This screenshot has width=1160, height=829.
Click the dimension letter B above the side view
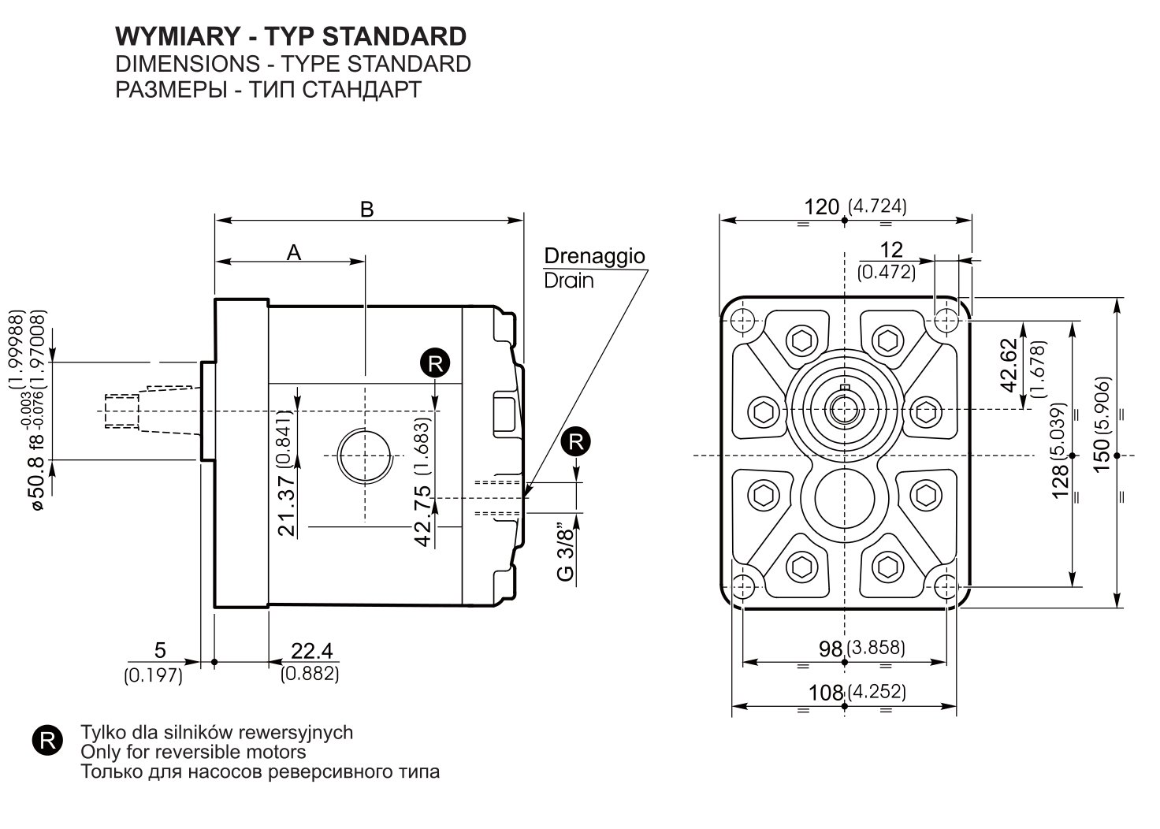(366, 210)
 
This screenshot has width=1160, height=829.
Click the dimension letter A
(294, 253)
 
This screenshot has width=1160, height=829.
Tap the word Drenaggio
(594, 256)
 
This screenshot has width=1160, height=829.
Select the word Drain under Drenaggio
(569, 281)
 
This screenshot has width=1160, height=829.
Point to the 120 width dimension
(821, 207)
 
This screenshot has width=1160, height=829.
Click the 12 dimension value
(891, 250)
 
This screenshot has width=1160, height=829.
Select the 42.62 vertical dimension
(1009, 366)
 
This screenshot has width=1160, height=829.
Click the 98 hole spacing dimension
(831, 649)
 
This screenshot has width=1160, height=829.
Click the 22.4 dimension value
(312, 651)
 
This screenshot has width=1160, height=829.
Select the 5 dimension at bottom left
(160, 650)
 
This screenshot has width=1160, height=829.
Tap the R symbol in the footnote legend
(47, 741)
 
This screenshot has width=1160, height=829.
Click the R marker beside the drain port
(576, 442)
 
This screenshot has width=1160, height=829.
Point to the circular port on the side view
(364, 455)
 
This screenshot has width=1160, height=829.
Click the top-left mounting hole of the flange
(742, 321)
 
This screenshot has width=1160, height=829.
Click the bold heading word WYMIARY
(177, 37)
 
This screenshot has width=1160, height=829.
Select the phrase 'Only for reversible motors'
(193, 752)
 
